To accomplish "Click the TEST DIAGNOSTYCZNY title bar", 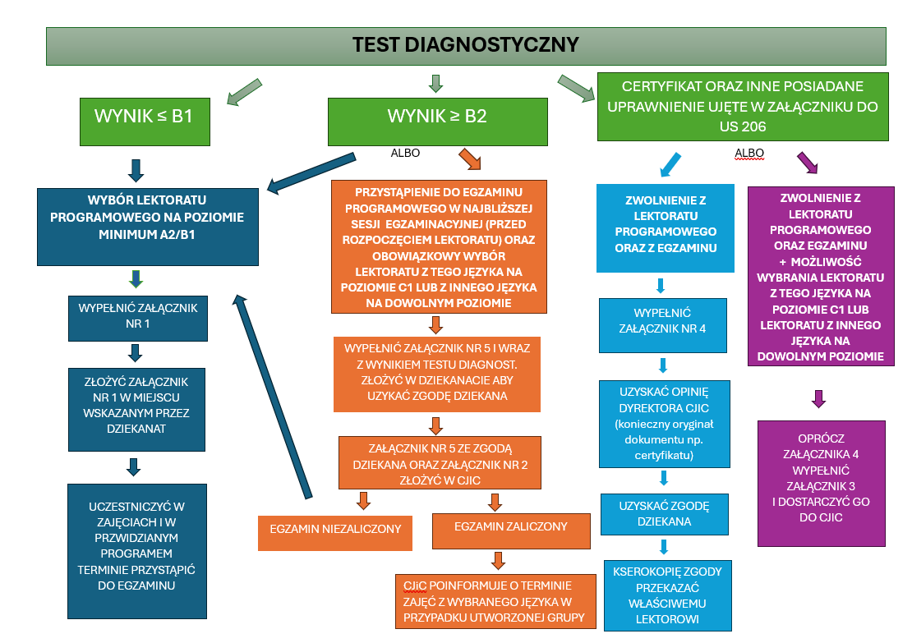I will (x=466, y=45).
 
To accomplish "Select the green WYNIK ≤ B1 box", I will (x=144, y=116).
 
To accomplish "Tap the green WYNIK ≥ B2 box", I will (x=437, y=116).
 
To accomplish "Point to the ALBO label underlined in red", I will (x=749, y=154).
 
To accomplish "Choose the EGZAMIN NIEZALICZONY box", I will (x=334, y=529).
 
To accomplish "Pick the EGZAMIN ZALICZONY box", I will (x=510, y=526).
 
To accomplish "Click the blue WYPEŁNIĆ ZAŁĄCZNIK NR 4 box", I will (x=663, y=320).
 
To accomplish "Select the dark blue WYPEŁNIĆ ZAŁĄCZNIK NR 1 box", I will (x=137, y=316).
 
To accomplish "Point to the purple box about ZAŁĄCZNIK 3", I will (x=822, y=484).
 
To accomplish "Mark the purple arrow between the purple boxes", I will (x=818, y=399).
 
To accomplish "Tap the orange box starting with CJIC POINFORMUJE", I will (x=495, y=601).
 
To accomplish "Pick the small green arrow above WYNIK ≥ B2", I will (x=436, y=83).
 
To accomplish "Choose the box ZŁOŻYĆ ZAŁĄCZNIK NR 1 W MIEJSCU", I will (x=136, y=409).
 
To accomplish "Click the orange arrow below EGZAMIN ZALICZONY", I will (x=498, y=560).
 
